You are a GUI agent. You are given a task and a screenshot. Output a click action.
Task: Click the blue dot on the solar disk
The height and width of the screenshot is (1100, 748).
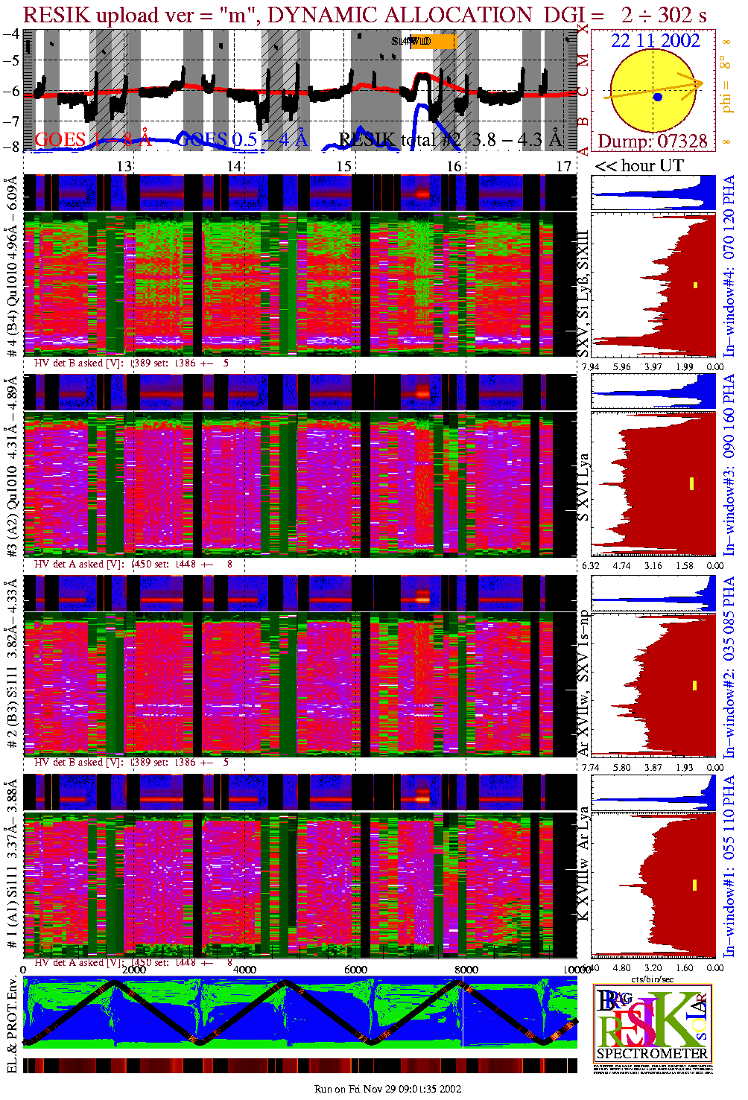(657, 97)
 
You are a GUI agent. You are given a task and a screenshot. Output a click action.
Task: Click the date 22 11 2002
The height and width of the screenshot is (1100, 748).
(656, 41)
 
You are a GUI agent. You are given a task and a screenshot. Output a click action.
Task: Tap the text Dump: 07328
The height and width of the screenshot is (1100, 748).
(652, 141)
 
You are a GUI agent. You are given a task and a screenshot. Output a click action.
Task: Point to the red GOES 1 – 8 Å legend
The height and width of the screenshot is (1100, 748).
(92, 139)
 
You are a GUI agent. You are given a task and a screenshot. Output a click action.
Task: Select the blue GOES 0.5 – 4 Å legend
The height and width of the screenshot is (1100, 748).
(243, 139)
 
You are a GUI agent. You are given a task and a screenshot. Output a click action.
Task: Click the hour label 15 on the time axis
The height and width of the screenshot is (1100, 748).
(343, 166)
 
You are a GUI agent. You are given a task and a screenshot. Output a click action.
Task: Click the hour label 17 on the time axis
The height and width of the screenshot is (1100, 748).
(564, 166)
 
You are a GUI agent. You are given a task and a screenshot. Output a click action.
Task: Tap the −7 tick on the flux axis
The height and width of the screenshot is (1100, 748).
(11, 121)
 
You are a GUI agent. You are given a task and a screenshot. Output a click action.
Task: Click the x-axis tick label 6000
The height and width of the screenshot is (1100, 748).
(355, 970)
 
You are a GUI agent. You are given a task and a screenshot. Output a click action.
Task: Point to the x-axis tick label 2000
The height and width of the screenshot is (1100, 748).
(134, 970)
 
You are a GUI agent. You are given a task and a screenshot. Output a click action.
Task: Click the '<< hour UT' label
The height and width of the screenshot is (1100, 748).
(638, 165)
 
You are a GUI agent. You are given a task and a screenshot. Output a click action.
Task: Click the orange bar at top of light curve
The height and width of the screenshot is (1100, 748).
(434, 42)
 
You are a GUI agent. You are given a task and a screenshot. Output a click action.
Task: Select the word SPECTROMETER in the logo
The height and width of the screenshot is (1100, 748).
(652, 1054)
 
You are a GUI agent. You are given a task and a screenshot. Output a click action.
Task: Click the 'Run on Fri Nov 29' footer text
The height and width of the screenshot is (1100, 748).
(387, 1089)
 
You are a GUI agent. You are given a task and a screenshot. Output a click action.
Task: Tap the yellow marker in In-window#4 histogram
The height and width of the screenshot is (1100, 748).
(696, 284)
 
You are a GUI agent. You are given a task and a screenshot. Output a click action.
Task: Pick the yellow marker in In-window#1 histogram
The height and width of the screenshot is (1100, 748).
(694, 885)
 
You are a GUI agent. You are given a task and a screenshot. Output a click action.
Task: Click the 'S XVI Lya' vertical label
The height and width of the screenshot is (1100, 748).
(584, 487)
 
